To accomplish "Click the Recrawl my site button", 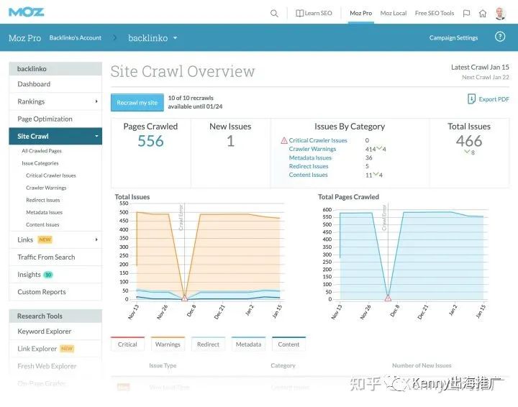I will (137, 103).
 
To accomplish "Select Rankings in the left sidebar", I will (31, 101).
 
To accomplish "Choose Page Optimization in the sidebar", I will (45, 119).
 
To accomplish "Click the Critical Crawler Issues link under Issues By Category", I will (318, 140).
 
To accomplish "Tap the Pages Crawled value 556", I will (150, 141).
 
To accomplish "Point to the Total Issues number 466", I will (469, 141).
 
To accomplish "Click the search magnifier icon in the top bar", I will (274, 13).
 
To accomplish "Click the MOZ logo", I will (27, 12).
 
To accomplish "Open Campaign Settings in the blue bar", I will (453, 37).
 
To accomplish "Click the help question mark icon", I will (500, 37).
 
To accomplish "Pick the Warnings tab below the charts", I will (168, 344).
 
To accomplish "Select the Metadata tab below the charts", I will (248, 344).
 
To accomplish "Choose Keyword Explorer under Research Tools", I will (45, 331).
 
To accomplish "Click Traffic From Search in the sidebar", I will (46, 257).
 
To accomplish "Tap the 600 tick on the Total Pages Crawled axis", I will (327, 210).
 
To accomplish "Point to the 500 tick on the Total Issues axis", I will (123, 213).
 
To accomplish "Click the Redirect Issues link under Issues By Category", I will (309, 166).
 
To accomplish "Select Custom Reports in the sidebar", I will (42, 292).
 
